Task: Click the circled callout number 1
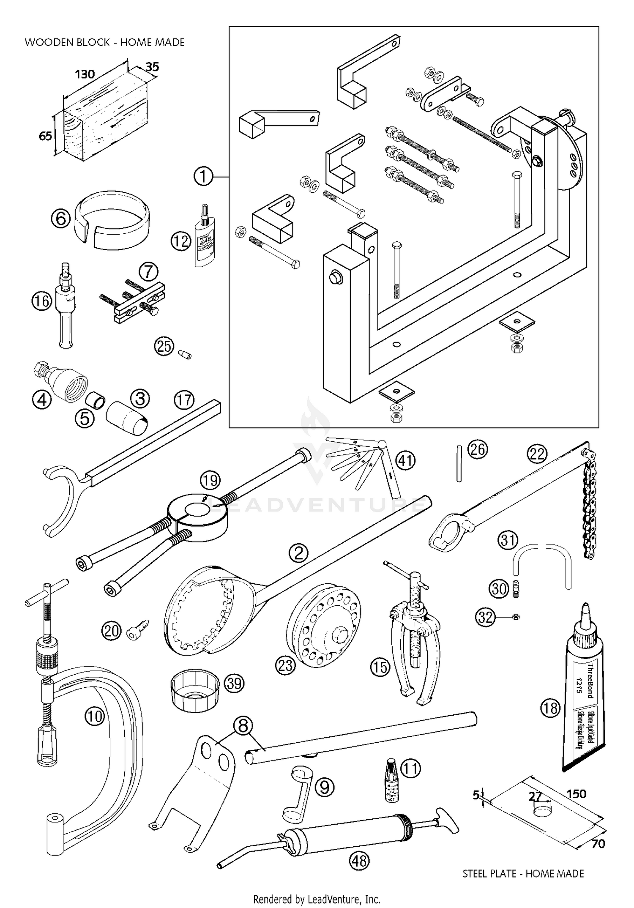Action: click(x=203, y=176)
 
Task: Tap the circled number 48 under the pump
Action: click(x=359, y=861)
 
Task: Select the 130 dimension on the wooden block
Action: click(x=85, y=74)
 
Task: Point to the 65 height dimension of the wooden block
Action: click(x=45, y=136)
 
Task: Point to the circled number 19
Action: click(x=210, y=480)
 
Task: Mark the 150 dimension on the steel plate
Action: click(x=576, y=794)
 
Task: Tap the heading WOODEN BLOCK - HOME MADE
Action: click(x=104, y=42)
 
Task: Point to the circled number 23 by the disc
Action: click(x=285, y=666)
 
